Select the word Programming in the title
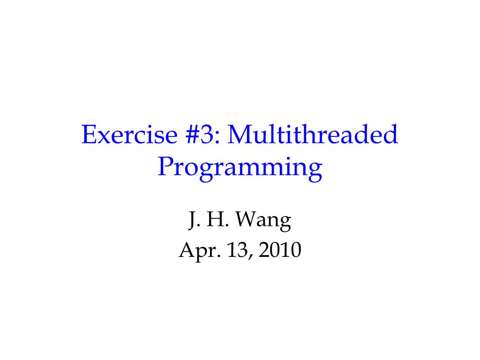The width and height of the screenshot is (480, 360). [x=240, y=168]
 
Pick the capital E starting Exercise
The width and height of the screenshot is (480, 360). [x=88, y=135]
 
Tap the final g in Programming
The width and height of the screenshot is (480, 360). [x=314, y=172]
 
